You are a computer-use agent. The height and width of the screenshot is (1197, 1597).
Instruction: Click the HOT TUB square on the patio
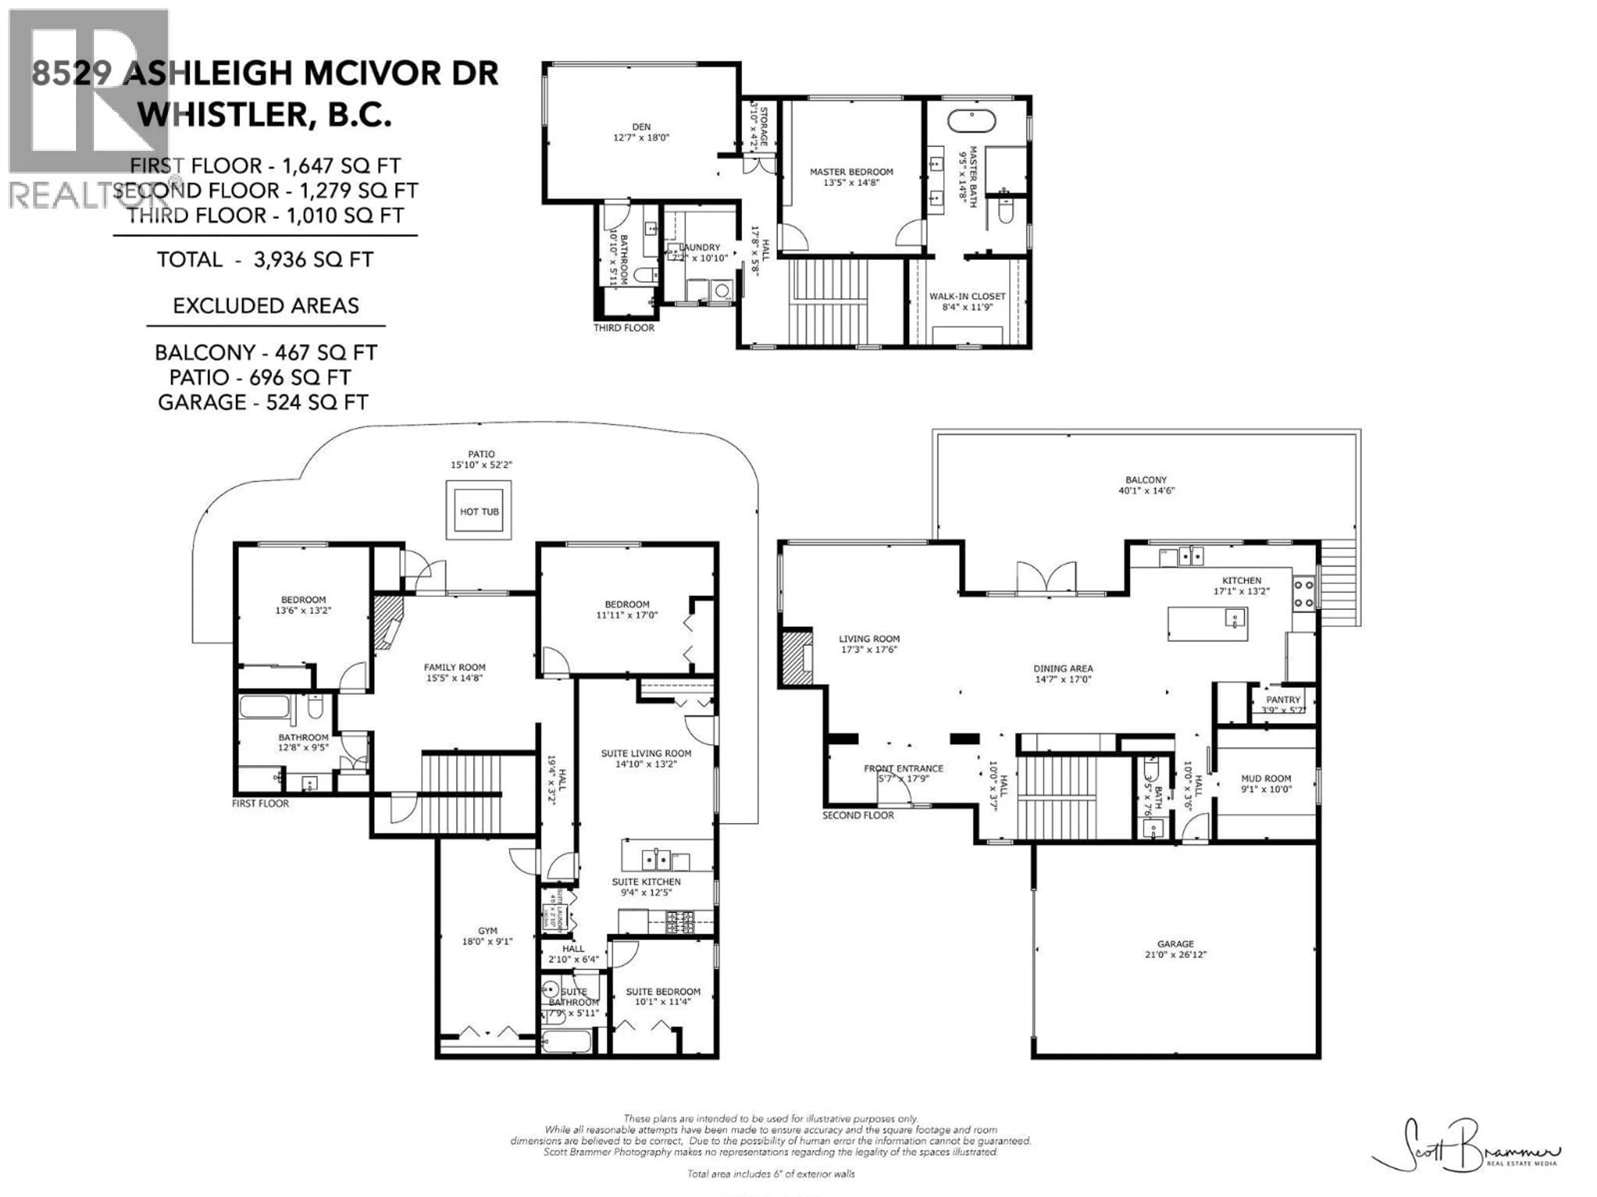tap(479, 511)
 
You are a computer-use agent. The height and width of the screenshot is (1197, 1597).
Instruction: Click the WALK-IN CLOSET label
tap(967, 296)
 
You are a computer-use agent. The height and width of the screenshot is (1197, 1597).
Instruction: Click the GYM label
tap(487, 931)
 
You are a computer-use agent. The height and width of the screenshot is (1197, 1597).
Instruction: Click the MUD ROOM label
tap(1266, 778)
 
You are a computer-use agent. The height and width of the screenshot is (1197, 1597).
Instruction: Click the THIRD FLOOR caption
tap(624, 328)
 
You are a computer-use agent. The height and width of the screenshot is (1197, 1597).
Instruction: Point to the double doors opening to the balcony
tap(1046, 579)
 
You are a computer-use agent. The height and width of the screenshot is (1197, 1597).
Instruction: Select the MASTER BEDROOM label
tap(851, 172)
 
